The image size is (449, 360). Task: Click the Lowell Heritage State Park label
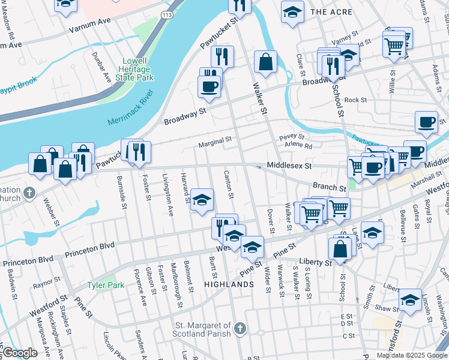[139, 69]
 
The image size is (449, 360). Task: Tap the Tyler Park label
[106, 285]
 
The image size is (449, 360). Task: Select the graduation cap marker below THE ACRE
[292, 13]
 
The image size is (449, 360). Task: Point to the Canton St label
[229, 185]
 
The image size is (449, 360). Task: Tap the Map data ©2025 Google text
[412, 355]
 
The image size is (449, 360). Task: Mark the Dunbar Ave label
[105, 67]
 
